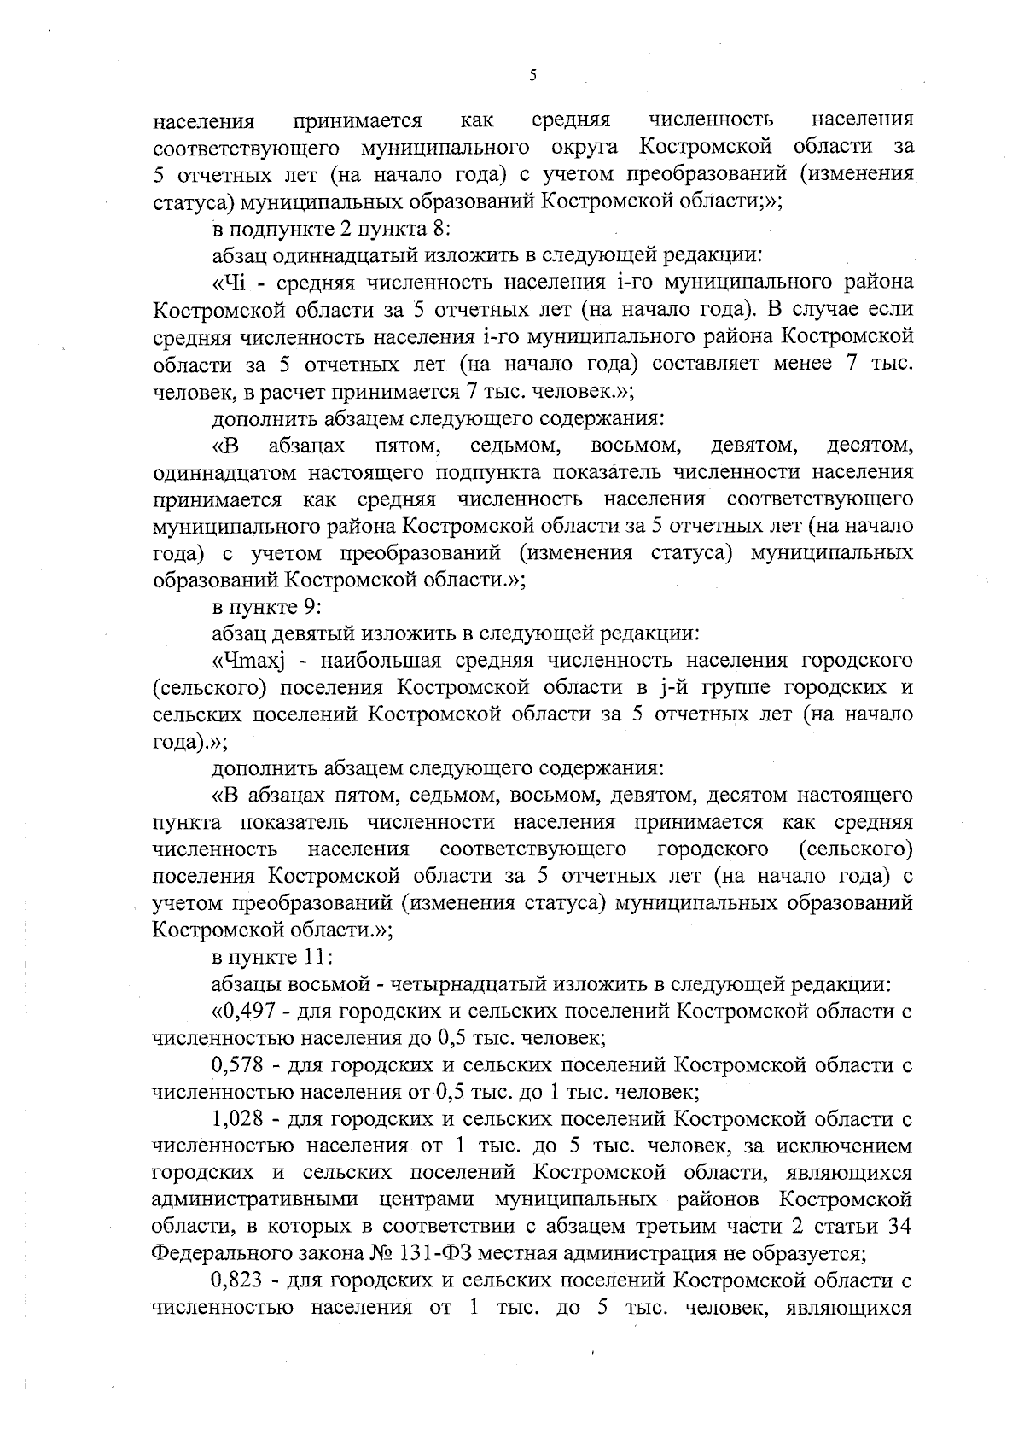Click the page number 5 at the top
click(532, 75)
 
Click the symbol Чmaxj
click(248, 661)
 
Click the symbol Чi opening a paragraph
click(231, 283)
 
